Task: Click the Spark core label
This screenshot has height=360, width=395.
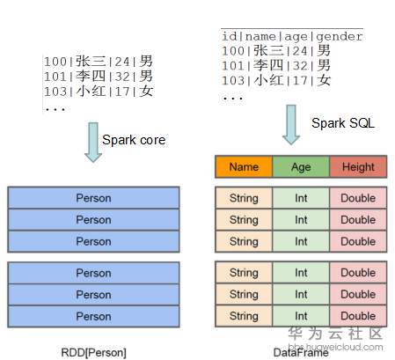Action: pos(134,139)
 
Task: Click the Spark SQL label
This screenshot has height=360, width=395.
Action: pos(343,123)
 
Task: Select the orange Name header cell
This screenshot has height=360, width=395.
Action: pos(243,166)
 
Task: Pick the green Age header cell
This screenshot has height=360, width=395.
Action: pos(301,166)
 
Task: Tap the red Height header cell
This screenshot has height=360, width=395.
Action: pos(358,166)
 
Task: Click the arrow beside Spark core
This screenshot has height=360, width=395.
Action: pos(93,142)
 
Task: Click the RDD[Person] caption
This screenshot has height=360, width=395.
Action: pos(93,352)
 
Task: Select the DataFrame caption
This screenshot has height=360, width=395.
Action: pos(301,352)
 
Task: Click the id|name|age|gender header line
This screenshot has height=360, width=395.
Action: pos(292,37)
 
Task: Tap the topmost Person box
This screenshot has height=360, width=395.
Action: pos(93,198)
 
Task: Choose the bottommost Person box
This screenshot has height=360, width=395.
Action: pos(93,316)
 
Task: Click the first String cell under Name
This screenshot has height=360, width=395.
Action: pos(243,198)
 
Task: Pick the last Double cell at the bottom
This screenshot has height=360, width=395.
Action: pos(358,316)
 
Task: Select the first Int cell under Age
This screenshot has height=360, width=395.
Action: pos(301,198)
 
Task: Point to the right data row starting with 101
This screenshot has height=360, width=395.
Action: pos(276,65)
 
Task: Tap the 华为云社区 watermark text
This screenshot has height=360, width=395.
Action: pos(339,334)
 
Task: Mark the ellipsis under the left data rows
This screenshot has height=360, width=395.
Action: pos(55,107)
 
